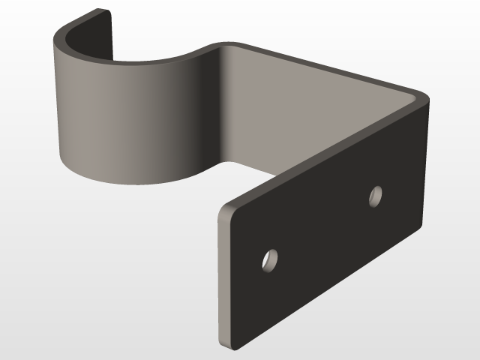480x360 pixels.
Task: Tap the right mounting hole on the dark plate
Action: tap(375, 196)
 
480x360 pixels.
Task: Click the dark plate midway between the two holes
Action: tap(322, 228)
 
